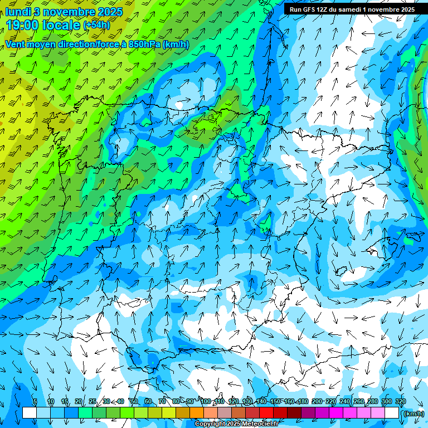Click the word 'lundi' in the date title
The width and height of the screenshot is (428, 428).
[18, 12]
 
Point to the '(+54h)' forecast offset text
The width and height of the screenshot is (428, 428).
[96, 26]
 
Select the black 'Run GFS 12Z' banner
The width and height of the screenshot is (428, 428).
[352, 9]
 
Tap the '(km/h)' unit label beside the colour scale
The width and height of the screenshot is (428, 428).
[412, 414]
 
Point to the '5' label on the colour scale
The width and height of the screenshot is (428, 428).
[35, 402]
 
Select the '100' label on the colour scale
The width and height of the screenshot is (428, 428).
[206, 402]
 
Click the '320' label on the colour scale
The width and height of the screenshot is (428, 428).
[401, 402]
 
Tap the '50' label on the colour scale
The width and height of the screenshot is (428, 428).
[134, 402]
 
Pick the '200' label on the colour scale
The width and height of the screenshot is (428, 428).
[317, 402]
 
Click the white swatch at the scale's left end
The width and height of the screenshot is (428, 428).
[29, 413]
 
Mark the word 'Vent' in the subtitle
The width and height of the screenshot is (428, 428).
[16, 44]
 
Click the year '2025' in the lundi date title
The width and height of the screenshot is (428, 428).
[111, 12]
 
